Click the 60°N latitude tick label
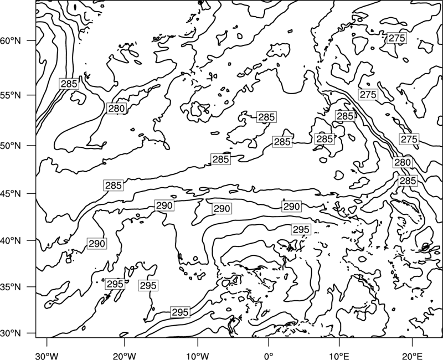11,41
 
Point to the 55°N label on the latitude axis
11,95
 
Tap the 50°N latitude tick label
11,146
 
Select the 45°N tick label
11,194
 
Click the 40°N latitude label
11,241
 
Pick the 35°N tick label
11,287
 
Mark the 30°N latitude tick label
11,333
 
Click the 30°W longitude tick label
47,356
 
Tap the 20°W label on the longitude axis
124,356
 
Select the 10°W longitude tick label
197,356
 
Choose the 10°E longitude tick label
339,356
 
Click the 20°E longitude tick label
412,356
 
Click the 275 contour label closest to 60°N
396,38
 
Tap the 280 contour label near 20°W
116,108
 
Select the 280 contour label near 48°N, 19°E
403,162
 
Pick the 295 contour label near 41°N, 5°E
301,229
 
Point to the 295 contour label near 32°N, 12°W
180,312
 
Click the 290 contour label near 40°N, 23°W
97,244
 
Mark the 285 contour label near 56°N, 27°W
69,84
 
